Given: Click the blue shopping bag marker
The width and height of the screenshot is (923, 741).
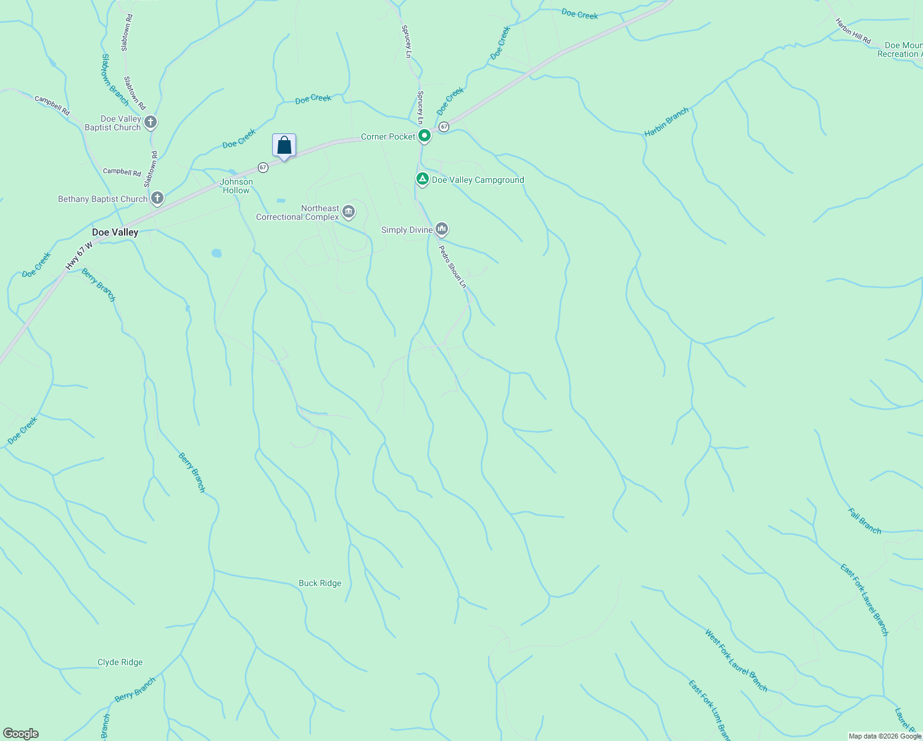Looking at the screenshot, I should click(x=284, y=146).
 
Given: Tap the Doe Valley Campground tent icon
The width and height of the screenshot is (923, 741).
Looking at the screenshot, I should click(x=422, y=180).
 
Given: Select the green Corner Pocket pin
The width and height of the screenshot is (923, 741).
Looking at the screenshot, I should click(x=424, y=136).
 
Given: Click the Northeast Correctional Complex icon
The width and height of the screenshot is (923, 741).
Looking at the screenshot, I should click(x=349, y=212).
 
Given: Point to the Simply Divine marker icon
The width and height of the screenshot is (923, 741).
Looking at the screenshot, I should click(x=441, y=229).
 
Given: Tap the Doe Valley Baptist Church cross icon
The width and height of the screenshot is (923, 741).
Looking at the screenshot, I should click(x=151, y=122).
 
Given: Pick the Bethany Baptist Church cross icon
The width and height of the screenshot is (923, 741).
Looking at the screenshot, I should click(x=157, y=198).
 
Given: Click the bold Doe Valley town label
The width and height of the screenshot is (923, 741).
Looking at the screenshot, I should click(x=115, y=232).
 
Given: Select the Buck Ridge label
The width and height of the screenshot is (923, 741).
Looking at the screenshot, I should click(x=320, y=583).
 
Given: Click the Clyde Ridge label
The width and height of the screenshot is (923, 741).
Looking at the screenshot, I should click(x=120, y=662).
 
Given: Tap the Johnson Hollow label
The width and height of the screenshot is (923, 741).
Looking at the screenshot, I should click(x=236, y=186).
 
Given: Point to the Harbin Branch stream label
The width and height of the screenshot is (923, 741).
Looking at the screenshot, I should click(x=666, y=122).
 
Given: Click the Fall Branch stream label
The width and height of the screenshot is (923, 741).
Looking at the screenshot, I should click(x=864, y=521).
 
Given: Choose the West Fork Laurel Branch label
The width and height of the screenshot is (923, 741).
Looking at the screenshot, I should click(x=736, y=660).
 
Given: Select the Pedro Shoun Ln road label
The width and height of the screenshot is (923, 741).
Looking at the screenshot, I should click(x=452, y=267).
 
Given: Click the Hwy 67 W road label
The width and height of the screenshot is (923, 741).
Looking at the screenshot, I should click(x=79, y=255).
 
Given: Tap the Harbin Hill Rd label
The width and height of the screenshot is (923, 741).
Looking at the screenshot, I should click(x=853, y=31).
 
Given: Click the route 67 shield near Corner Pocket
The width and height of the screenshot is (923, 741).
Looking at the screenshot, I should click(x=444, y=127).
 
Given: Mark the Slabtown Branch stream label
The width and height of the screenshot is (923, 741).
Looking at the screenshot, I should click(x=115, y=80).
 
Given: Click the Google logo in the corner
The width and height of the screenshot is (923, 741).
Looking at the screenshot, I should click(x=21, y=734).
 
